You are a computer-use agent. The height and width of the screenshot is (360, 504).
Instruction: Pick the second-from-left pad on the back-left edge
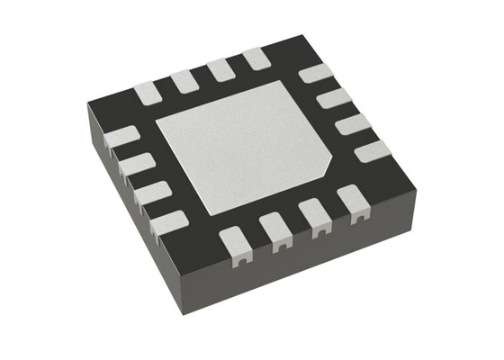(184, 78)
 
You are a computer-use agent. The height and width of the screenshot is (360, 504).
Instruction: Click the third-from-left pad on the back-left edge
(220, 68)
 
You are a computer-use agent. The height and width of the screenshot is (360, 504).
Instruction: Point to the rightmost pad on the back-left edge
(256, 59)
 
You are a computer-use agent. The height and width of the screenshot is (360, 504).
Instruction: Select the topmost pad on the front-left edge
(121, 137)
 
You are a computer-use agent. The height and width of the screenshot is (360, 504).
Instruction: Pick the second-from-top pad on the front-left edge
(135, 165)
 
